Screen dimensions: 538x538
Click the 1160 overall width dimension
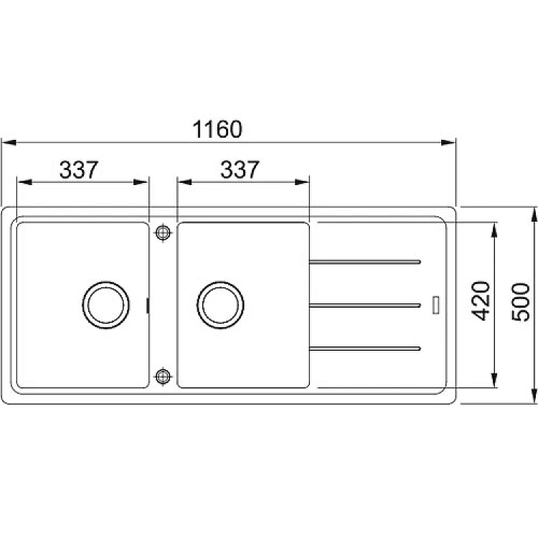coord(217,129)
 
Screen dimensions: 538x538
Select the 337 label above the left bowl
coord(79,169)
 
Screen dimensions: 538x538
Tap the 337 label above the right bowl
coord(240,169)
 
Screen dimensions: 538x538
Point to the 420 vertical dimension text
coord(481,301)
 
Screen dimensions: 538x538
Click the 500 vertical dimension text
coord(521,302)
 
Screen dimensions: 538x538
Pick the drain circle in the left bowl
coord(105,305)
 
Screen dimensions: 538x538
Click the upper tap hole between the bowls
coord(163,233)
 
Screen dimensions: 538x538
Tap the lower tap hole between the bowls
coord(163,377)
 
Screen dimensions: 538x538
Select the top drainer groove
coord(364,262)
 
